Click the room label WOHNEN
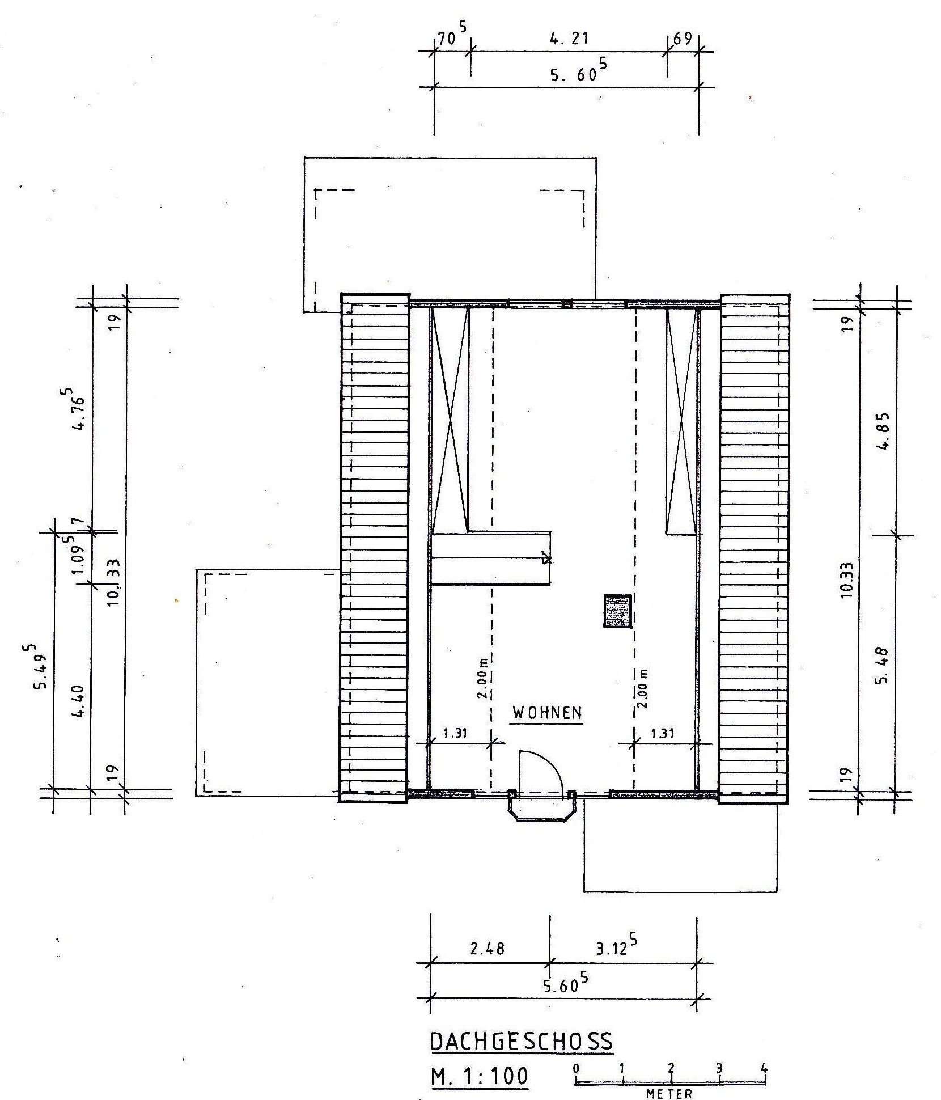click(547, 713)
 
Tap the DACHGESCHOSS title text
click(522, 1041)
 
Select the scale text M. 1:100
click(479, 1076)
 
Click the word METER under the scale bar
click(669, 1094)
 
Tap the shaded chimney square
click(618, 611)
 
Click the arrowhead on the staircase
click(546, 559)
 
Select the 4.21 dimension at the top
click(569, 39)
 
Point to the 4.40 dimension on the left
click(79, 701)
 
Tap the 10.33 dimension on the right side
click(846, 579)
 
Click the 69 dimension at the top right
click(683, 39)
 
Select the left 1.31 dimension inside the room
click(454, 733)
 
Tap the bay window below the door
click(543, 807)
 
